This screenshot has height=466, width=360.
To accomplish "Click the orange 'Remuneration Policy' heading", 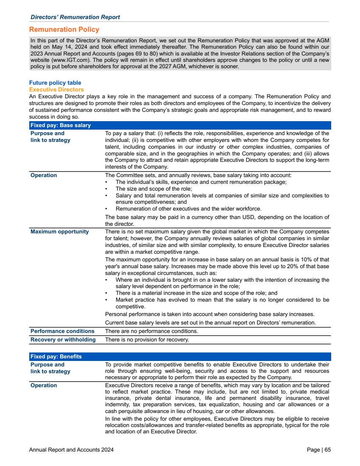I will [x=64, y=30].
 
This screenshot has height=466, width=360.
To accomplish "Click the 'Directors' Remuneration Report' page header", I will [x=75, y=17].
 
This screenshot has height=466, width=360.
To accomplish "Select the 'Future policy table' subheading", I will [x=55, y=83].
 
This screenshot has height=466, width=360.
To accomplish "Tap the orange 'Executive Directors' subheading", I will [x=56, y=90].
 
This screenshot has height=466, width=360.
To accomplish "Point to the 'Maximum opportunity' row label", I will [x=60, y=232].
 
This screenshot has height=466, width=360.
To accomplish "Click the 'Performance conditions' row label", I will [x=62, y=331].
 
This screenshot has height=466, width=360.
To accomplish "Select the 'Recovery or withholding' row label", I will [x=63, y=340].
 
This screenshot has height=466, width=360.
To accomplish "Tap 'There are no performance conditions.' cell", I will [x=151, y=331].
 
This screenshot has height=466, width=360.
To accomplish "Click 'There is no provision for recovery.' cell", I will [x=147, y=340].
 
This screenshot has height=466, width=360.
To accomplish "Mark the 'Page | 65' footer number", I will [x=318, y=450].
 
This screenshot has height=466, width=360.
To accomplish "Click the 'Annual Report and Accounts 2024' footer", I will [x=71, y=450].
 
